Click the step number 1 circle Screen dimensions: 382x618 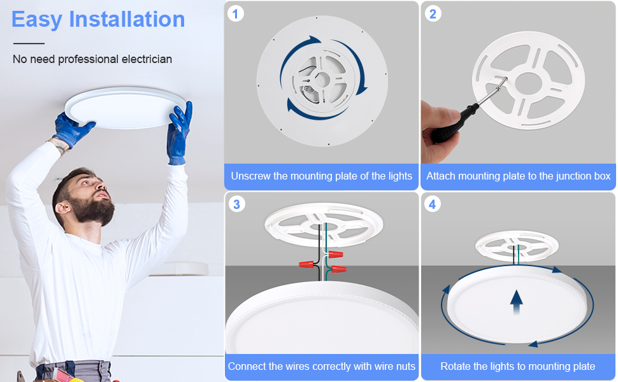click(x=236, y=13)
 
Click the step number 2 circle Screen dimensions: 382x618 click(x=433, y=13)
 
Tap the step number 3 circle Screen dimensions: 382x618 click(x=236, y=204)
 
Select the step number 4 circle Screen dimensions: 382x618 click(x=433, y=204)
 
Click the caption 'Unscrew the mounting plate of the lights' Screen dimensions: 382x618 click(x=321, y=176)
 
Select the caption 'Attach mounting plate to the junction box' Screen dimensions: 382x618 click(x=518, y=176)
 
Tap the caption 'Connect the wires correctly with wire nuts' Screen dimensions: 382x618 click(x=321, y=367)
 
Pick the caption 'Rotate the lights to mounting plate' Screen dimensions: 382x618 click(x=518, y=367)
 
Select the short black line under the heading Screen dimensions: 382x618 click(x=29, y=43)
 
